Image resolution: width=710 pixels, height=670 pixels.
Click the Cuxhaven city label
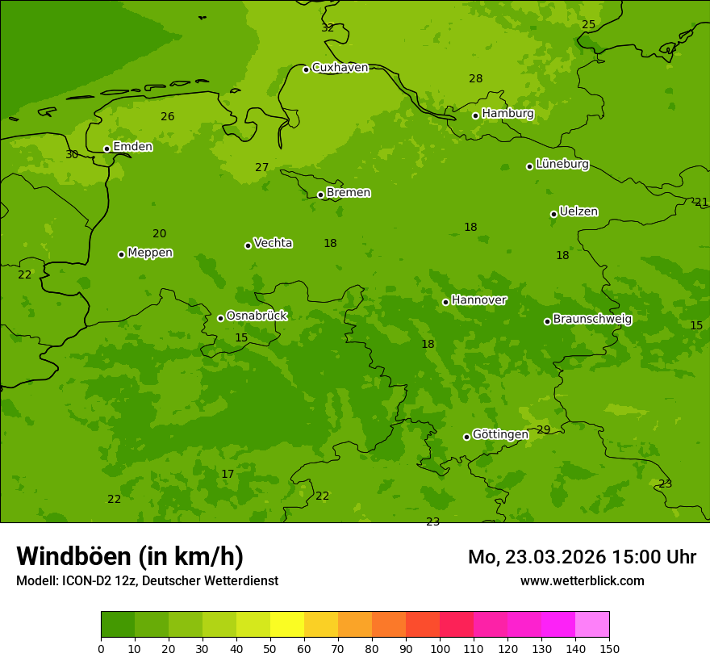[340, 68]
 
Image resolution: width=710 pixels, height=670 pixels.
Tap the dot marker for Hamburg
[476, 115]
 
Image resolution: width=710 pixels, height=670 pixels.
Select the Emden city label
[132, 147]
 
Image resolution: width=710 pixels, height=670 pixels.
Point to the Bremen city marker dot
[320, 195]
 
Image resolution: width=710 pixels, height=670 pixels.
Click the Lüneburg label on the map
[562, 165]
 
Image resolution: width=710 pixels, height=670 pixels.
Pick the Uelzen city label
[578, 212]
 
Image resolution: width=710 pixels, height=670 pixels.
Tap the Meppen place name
[150, 253]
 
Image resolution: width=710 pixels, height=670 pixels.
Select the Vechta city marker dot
[248, 245]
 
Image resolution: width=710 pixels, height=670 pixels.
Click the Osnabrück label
[257, 316]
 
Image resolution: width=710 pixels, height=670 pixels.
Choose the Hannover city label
[479, 300]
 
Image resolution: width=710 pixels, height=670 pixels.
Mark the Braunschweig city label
[592, 320]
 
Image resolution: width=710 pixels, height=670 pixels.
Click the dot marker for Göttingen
[466, 437]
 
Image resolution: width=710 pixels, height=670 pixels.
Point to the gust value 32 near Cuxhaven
[328, 27]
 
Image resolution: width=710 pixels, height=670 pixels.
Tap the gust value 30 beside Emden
[72, 154]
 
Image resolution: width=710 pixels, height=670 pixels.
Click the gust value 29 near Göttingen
[543, 429]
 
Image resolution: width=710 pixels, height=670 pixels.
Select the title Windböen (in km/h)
[130, 556]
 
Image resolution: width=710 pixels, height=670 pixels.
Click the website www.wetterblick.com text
[582, 581]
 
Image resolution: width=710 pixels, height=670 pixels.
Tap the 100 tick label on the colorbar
[440, 648]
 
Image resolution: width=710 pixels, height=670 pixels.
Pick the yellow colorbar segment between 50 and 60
[287, 625]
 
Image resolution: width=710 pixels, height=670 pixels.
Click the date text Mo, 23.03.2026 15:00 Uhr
[582, 557]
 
